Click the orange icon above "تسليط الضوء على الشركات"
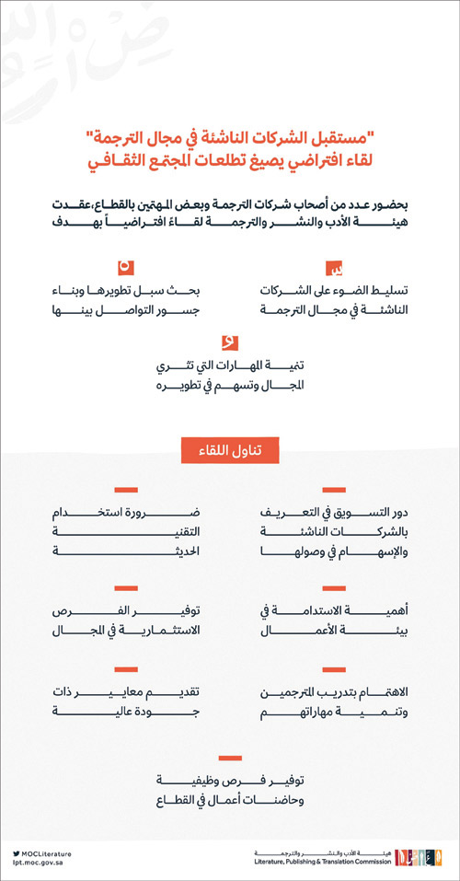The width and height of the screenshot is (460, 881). (x=337, y=269)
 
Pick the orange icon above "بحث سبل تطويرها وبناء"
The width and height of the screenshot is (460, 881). (x=123, y=267)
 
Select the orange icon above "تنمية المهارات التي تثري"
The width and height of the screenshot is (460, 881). (x=231, y=342)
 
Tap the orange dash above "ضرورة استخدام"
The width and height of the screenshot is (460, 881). (x=124, y=489)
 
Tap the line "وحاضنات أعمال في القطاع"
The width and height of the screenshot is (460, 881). (x=230, y=797)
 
